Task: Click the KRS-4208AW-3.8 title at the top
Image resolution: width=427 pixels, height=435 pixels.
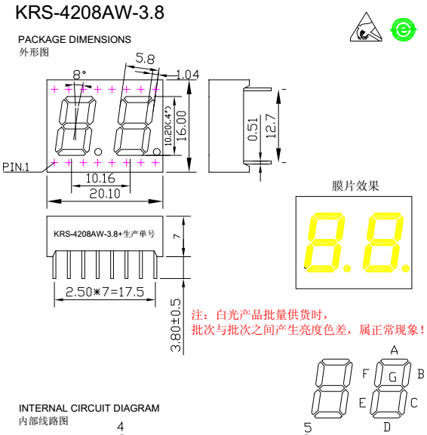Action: click(90, 13)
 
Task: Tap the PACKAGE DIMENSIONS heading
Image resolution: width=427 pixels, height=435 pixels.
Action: click(75, 39)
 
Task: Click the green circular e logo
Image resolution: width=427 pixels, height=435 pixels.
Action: click(403, 29)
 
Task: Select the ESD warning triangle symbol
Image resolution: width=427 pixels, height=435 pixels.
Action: click(366, 27)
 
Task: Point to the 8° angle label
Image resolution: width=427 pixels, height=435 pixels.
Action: click(79, 75)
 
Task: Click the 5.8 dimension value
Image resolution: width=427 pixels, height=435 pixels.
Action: click(145, 59)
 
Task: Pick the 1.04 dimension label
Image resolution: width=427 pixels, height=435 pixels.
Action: click(188, 75)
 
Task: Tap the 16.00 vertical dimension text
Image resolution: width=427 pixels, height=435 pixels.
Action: click(182, 126)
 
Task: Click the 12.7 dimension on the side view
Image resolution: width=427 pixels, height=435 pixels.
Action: click(272, 126)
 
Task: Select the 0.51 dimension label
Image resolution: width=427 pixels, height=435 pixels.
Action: click(253, 130)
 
